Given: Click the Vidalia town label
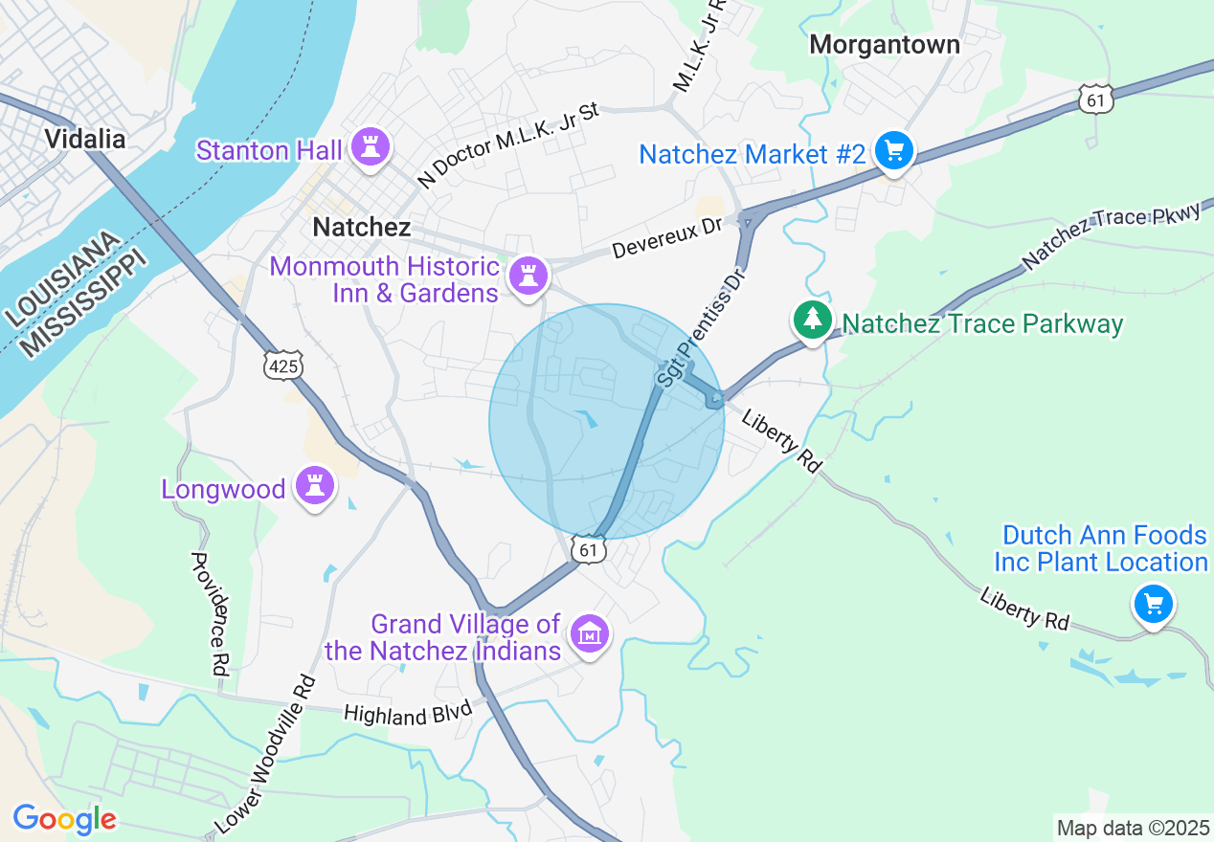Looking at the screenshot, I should (85, 140).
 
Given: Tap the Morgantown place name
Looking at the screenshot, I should (884, 45).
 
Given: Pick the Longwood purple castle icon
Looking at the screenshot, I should (315, 486).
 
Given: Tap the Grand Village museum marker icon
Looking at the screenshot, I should (589, 633).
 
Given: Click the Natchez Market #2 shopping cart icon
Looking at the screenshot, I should (894, 151).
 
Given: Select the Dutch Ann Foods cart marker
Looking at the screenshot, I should (1154, 605).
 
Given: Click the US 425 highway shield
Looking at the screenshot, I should (284, 365).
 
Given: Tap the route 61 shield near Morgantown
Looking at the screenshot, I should (1095, 99).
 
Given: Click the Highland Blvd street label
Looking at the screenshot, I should (408, 714).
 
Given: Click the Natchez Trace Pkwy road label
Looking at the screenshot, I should (1110, 236).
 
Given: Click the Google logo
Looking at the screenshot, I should (65, 819).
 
